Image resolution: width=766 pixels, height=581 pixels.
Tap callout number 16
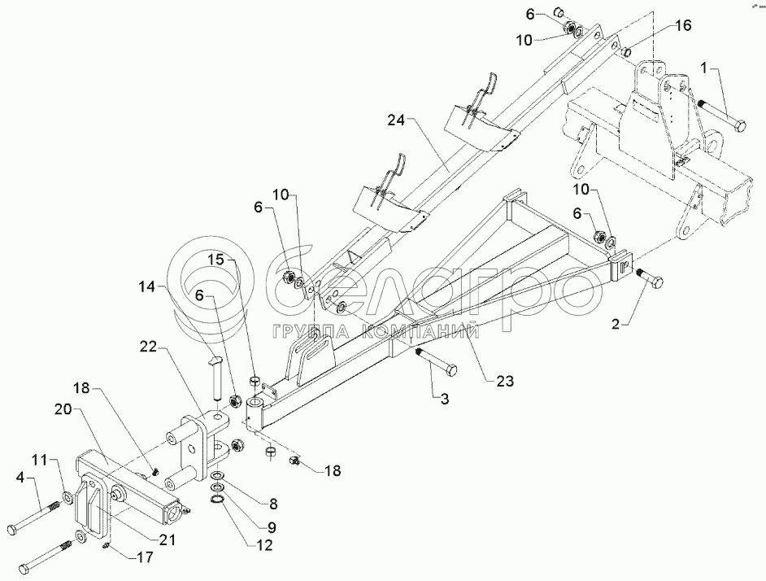[x=682, y=26]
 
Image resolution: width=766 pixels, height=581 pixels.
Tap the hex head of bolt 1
[x=740, y=124]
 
